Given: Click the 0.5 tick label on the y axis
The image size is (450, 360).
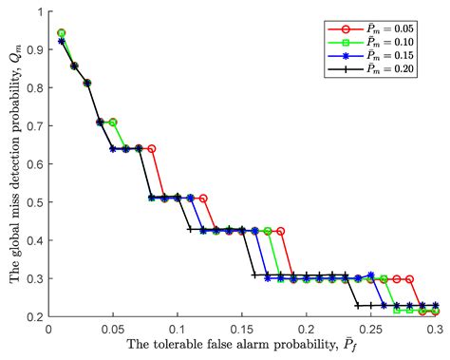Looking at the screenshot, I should [36, 202].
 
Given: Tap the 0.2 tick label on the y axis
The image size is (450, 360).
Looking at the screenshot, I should [36, 318].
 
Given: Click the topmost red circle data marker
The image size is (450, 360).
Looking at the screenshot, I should [62, 33].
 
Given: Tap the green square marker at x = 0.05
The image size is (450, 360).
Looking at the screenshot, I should [113, 123].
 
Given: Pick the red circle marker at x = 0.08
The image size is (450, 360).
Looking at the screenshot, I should [152, 149].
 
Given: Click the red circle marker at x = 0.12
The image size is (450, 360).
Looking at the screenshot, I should [203, 199].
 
